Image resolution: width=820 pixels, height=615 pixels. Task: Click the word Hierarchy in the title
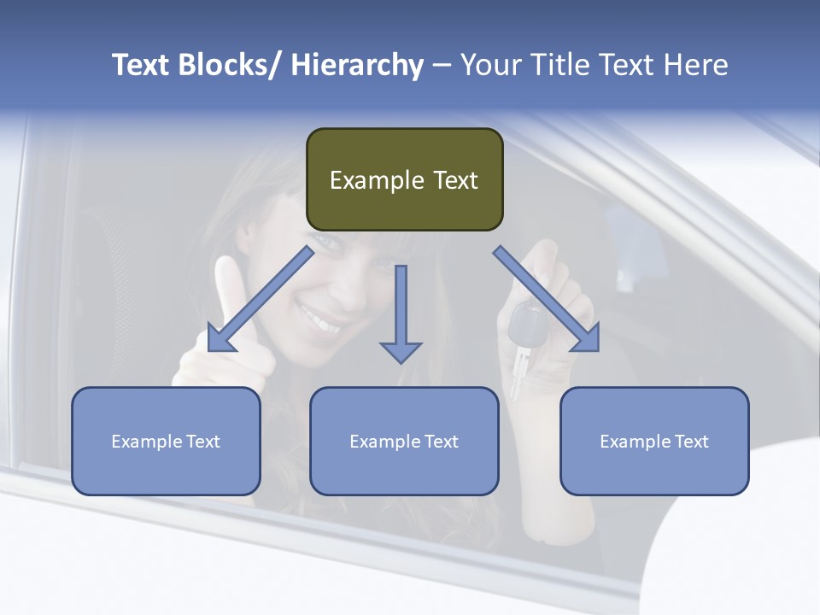356,65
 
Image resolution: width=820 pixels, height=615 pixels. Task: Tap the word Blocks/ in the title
231,65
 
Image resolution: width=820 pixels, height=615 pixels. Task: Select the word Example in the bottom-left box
146,442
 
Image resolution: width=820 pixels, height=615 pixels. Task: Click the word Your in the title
490,65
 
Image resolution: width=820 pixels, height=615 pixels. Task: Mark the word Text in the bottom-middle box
440,442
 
